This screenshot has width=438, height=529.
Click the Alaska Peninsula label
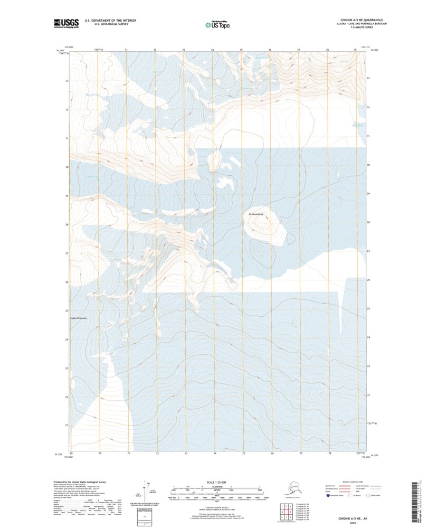point(78,318)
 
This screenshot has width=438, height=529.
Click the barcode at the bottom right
point(414,499)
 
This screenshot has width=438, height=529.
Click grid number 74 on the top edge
point(213,50)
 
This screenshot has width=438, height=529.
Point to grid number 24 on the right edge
point(368,337)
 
